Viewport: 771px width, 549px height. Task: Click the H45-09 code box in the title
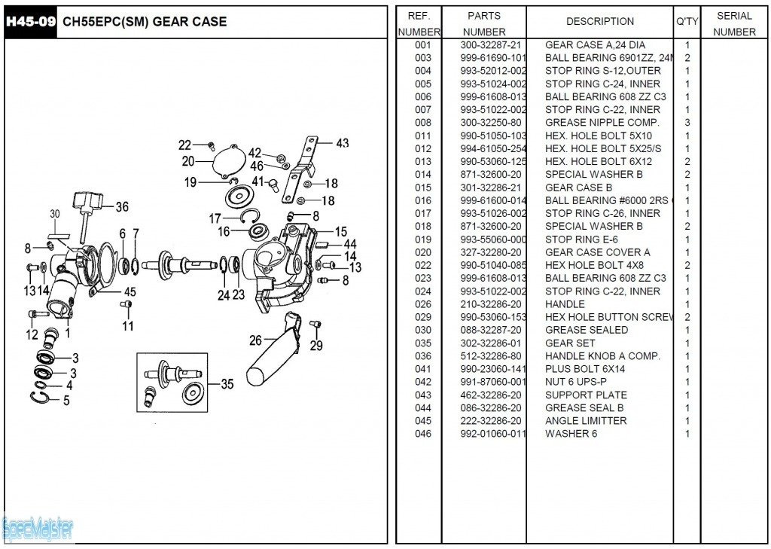(x=30, y=21)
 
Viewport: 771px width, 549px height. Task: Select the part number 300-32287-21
(x=490, y=45)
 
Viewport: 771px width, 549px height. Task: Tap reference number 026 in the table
(x=423, y=304)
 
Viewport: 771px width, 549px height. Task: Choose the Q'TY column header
(x=687, y=22)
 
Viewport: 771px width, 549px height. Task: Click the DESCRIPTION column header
(x=600, y=22)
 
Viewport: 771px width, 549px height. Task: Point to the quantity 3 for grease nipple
(x=687, y=123)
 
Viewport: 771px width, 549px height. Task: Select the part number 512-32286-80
(x=490, y=356)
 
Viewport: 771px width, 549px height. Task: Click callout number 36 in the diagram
(x=121, y=207)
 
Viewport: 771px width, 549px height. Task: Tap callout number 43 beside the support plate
(x=342, y=143)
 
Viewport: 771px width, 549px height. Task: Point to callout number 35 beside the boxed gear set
(x=227, y=384)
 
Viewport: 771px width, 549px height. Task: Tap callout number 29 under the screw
(x=316, y=346)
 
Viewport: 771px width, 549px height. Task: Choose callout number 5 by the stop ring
(x=66, y=401)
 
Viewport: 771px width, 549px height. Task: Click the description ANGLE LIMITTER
(x=585, y=421)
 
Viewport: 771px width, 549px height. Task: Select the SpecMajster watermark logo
(x=38, y=529)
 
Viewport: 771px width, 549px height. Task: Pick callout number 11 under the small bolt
(x=128, y=326)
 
